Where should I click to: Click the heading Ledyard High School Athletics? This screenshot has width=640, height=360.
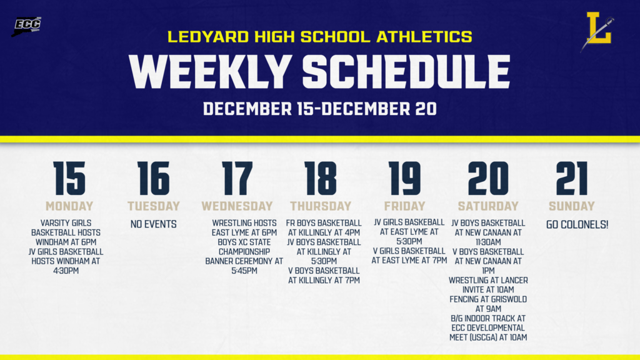[320, 37]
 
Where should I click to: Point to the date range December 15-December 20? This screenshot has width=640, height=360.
[320, 109]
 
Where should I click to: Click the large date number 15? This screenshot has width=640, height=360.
[69, 179]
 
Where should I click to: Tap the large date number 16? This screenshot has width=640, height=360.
[154, 179]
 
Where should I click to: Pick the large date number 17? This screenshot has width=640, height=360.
[237, 179]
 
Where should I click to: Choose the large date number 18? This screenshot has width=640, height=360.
[321, 179]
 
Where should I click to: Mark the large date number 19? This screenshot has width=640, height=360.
[404, 179]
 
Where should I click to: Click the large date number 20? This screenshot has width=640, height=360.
[488, 179]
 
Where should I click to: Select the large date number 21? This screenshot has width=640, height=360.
[571, 179]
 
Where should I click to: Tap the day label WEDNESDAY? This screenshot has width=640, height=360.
[237, 206]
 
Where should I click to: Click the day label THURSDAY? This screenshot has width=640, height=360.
[321, 206]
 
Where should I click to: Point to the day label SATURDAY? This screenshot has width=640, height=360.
[488, 206]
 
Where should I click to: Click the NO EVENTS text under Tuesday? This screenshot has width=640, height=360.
[154, 224]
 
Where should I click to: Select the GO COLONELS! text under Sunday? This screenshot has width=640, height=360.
[577, 224]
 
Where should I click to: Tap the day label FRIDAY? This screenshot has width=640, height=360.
[404, 206]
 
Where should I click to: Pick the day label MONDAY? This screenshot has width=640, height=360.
[69, 206]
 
